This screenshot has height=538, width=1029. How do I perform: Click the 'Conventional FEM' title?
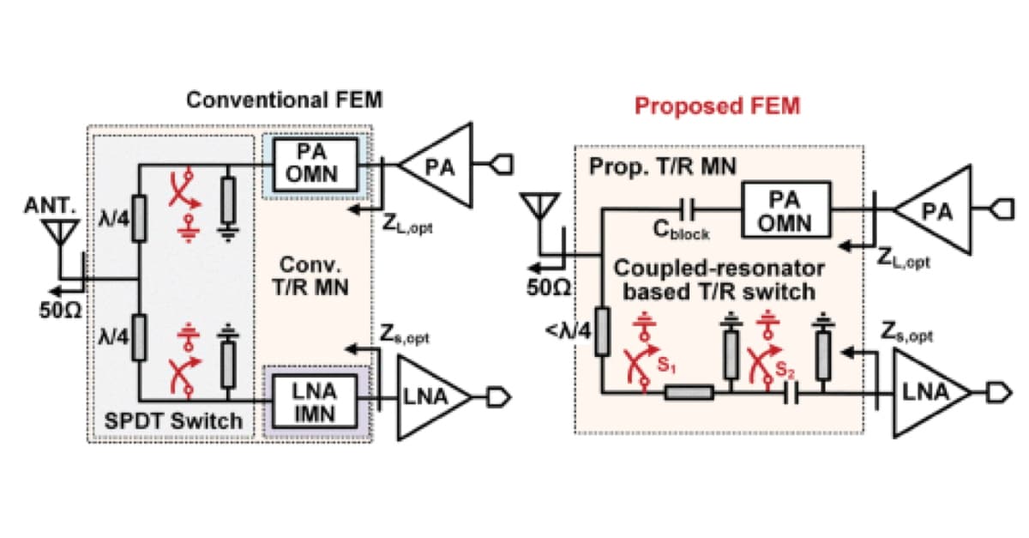click(284, 100)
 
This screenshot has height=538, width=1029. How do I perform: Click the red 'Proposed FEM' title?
click(717, 106)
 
